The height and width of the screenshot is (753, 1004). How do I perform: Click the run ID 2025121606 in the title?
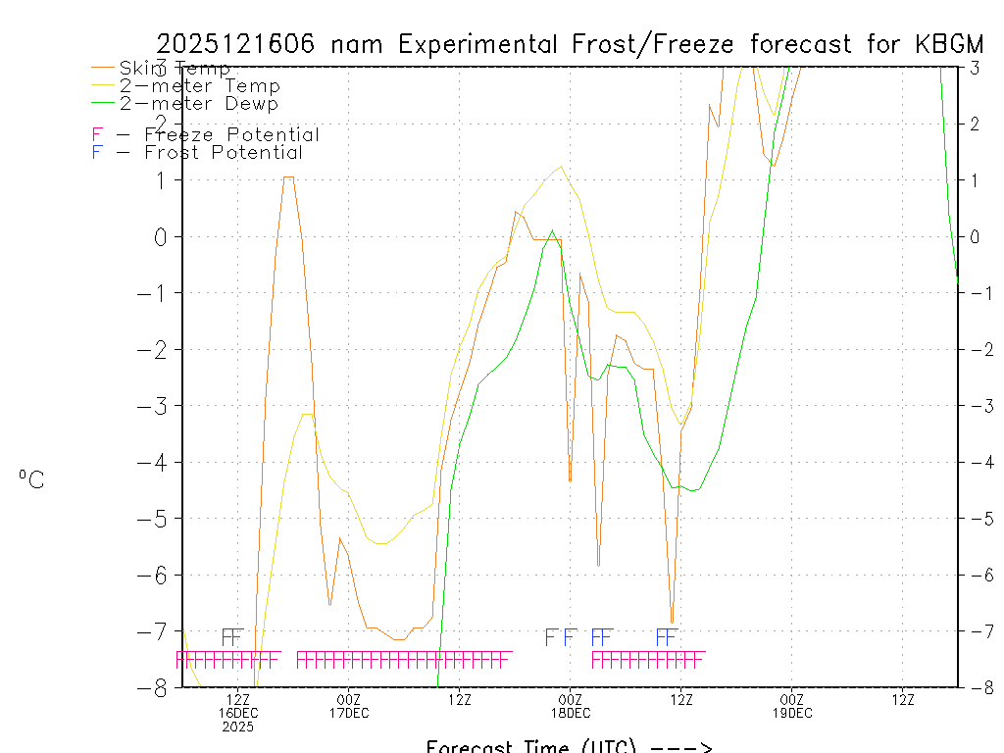click(x=235, y=44)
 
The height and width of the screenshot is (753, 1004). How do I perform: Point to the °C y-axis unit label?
click(x=31, y=479)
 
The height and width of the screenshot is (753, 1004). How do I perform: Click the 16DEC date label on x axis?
click(x=238, y=713)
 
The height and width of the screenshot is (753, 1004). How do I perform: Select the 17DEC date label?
click(x=349, y=713)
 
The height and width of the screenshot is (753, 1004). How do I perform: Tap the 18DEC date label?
click(x=571, y=713)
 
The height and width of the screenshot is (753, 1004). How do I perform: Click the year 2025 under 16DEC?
click(x=238, y=728)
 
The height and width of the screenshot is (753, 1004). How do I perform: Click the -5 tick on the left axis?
click(x=160, y=519)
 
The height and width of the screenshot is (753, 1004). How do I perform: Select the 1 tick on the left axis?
click(x=162, y=180)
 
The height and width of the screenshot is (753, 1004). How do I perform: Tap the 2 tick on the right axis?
click(x=975, y=124)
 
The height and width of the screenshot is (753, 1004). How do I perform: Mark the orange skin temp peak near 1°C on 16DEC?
click(x=288, y=177)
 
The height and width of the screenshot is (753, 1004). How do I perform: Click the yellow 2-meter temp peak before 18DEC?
click(x=560, y=166)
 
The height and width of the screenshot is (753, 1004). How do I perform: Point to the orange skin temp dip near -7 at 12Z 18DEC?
click(x=672, y=623)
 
